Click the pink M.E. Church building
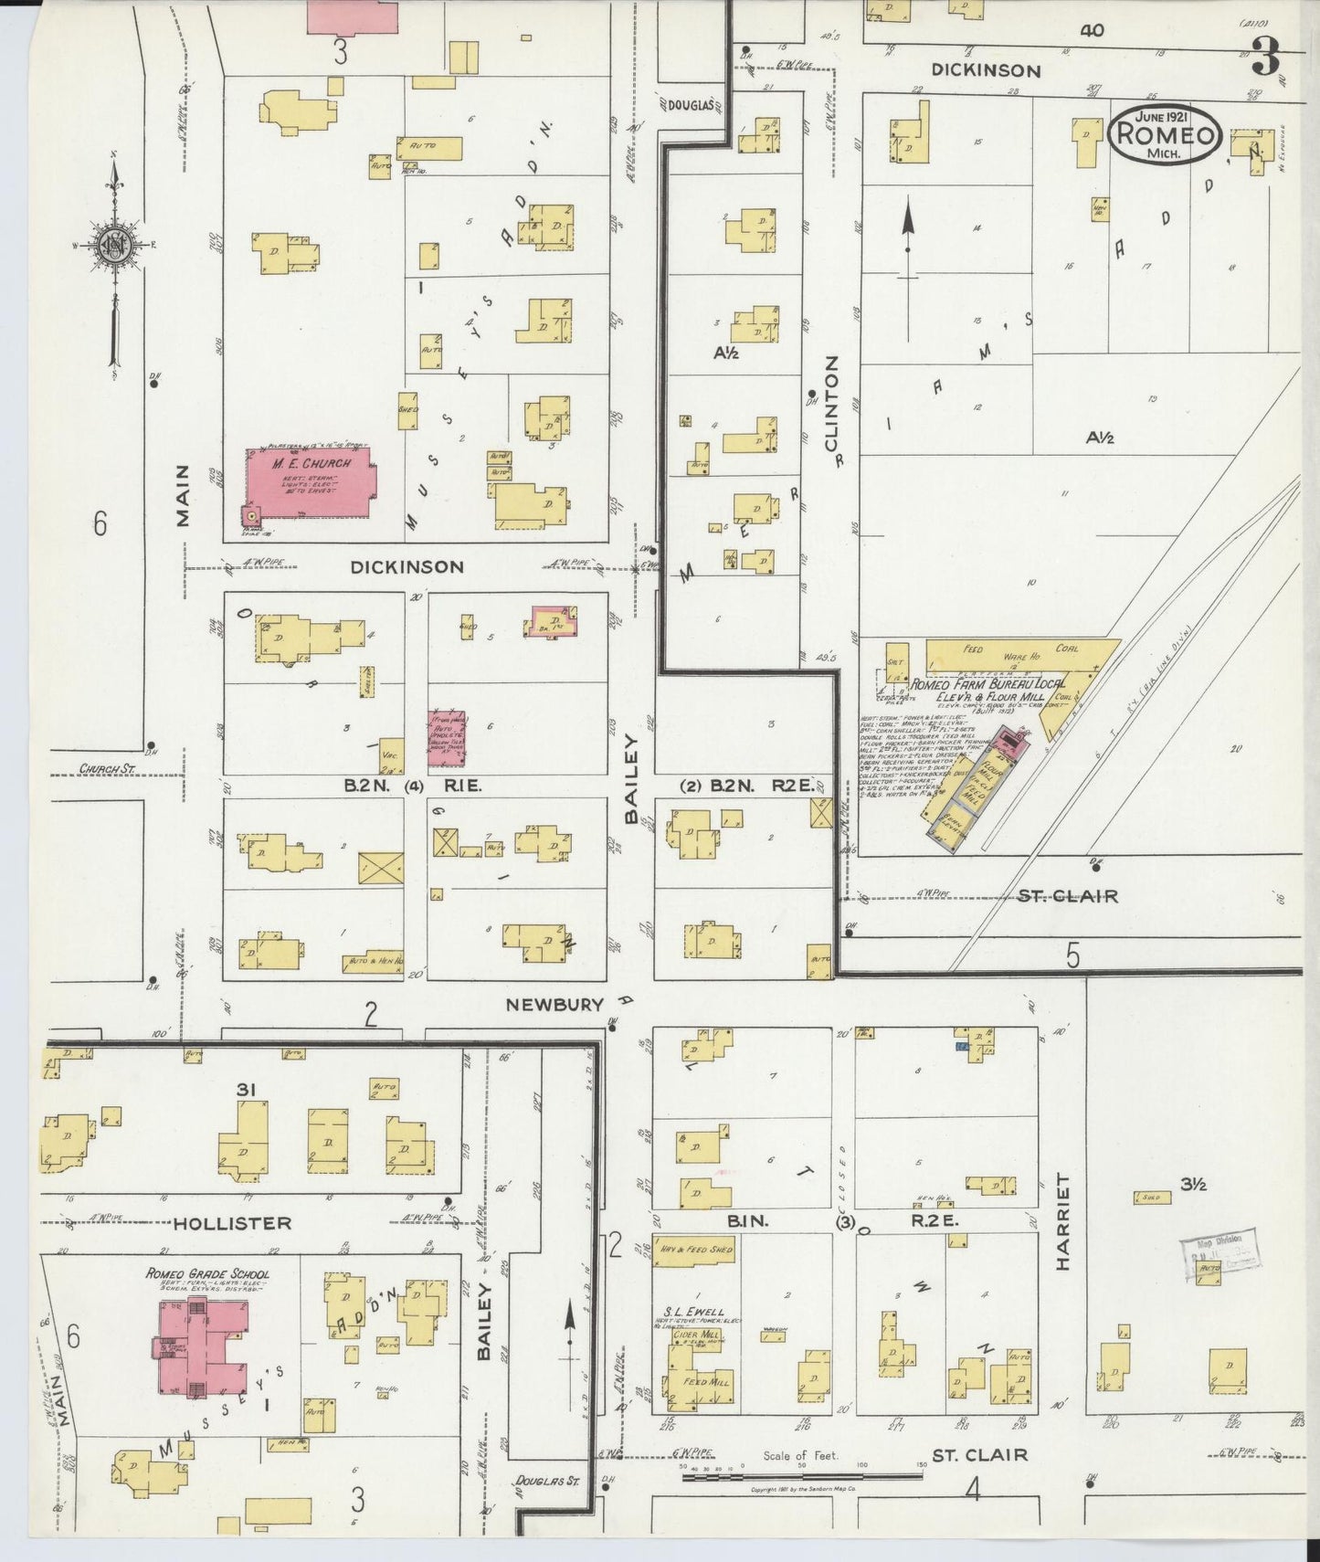(x=311, y=482)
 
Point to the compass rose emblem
(x=114, y=245)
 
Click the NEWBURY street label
(x=554, y=1005)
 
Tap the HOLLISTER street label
(x=231, y=1222)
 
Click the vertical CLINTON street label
(x=831, y=411)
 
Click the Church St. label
(x=106, y=769)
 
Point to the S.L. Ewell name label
(x=694, y=1313)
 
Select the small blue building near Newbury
(x=961, y=1045)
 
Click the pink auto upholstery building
(x=447, y=738)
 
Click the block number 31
(x=244, y=1089)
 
